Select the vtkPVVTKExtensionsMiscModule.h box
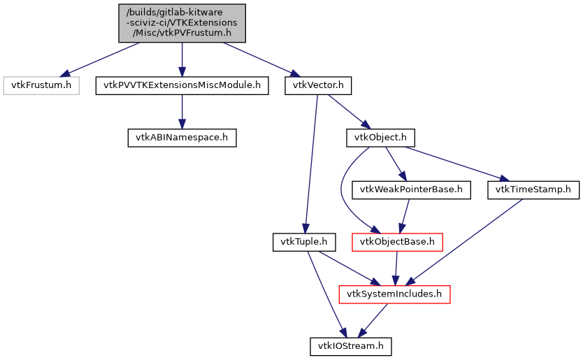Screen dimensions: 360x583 (182, 85)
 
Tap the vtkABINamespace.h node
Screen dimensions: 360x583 (182, 137)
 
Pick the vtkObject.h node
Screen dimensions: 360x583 (381, 137)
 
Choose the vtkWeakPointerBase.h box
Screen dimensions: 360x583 (412, 189)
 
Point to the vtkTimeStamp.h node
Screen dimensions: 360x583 (533, 189)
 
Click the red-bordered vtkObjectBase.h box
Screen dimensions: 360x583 (397, 242)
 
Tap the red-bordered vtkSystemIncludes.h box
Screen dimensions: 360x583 (394, 294)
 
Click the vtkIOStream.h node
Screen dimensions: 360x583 (350, 345)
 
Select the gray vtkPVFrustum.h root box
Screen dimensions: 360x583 (182, 22)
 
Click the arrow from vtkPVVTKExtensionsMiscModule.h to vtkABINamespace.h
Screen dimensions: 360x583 (182, 111)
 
